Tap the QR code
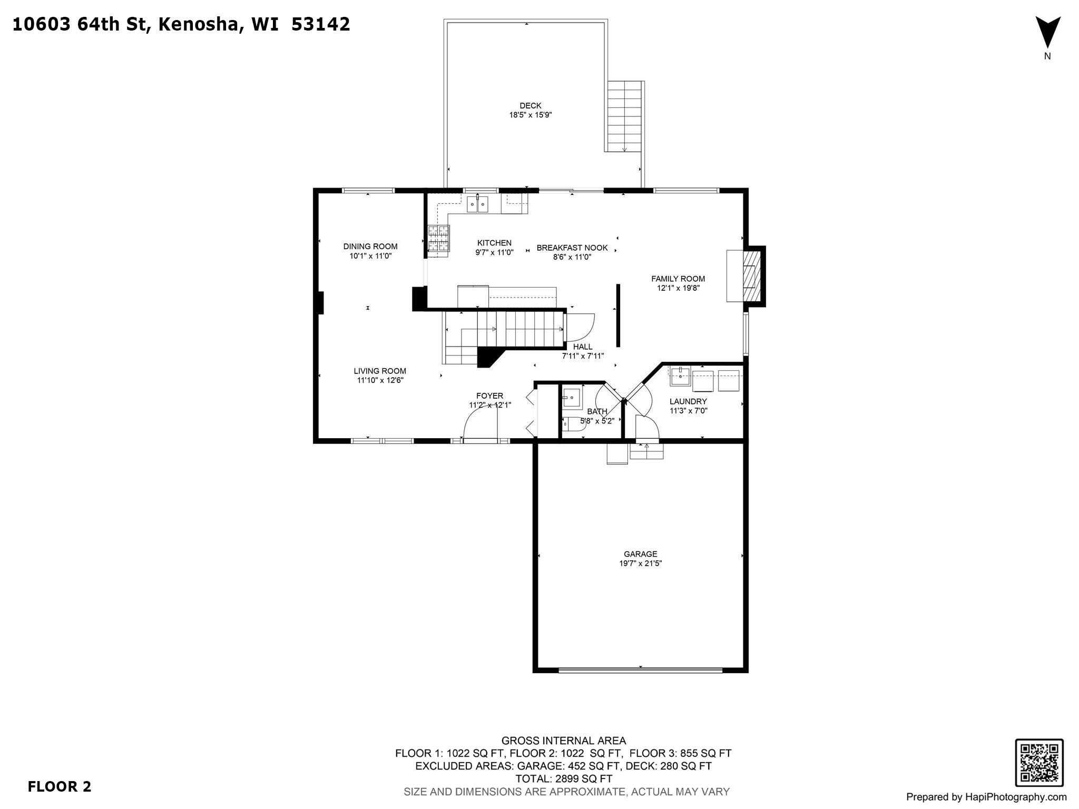click(x=1039, y=763)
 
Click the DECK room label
click(x=530, y=106)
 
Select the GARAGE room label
click(x=640, y=554)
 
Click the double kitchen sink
click(x=477, y=204)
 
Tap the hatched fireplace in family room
click(x=752, y=276)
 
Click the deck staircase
click(x=624, y=116)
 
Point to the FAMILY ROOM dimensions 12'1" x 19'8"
click(x=678, y=288)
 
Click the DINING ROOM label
click(x=370, y=246)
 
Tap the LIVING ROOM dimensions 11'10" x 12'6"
click(x=380, y=380)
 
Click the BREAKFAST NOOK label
click(x=572, y=248)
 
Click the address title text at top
click(x=181, y=25)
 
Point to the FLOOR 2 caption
click(x=59, y=787)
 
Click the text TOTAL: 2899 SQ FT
click(x=563, y=779)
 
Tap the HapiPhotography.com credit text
click(x=986, y=797)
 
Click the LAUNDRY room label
click(x=688, y=401)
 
